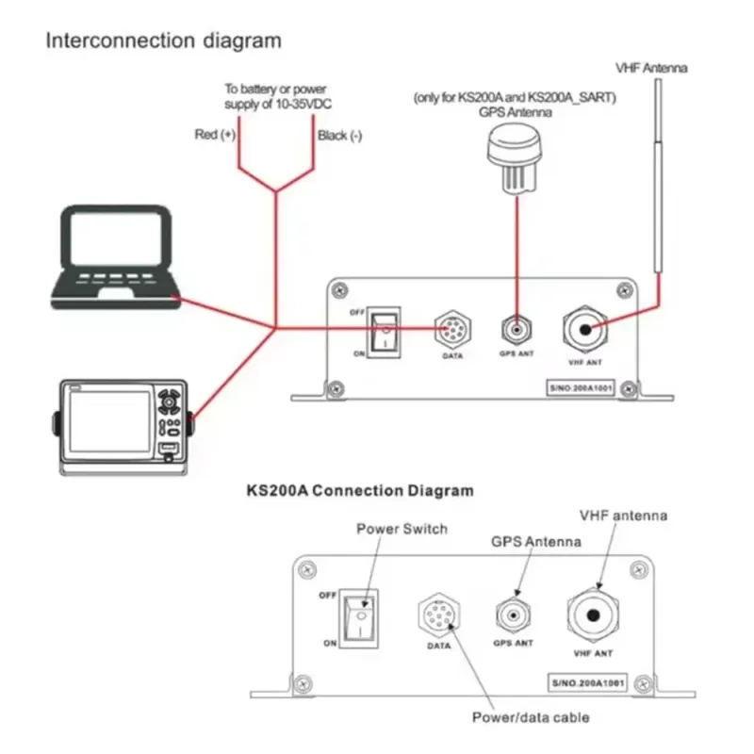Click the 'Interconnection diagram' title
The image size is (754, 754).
click(x=164, y=41)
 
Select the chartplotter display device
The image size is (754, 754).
click(x=123, y=423)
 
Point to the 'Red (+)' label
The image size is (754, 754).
click(x=215, y=135)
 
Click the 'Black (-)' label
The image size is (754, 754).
click(x=340, y=136)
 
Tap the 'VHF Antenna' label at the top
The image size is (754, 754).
click(x=651, y=68)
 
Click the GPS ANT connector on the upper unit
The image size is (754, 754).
click(x=516, y=330)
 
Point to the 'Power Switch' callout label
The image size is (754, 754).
click(x=402, y=528)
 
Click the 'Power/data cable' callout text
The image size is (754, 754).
click(x=531, y=717)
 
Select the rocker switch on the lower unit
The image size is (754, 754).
click(x=361, y=619)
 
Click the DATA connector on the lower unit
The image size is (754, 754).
click(x=437, y=618)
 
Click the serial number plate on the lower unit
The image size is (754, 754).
click(x=590, y=680)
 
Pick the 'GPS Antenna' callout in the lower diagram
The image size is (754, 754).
click(x=536, y=542)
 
